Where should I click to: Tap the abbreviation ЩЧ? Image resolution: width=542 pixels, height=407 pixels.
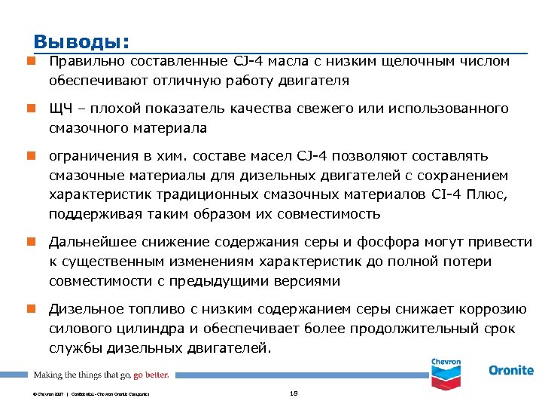pyautogui.click(x=60, y=109)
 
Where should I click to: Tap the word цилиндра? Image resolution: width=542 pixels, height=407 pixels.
pyautogui.click(x=138, y=329)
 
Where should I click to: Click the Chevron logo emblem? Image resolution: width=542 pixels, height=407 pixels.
pyautogui.click(x=446, y=372)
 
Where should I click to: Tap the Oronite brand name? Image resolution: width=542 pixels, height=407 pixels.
pyautogui.click(x=510, y=371)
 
